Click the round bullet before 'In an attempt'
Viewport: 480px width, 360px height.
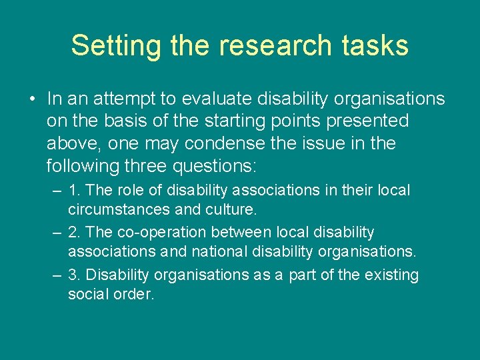[32, 100]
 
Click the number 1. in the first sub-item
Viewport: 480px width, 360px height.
[74, 190]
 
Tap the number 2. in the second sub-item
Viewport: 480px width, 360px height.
[74, 233]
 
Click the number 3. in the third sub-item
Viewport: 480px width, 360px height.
[74, 275]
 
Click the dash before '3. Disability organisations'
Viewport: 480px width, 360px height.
[56, 275]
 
